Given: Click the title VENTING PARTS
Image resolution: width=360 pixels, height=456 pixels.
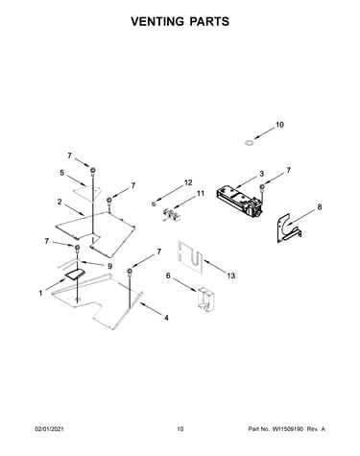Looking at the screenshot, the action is click(180, 21).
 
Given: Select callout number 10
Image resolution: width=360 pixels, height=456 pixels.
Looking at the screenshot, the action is click(279, 125).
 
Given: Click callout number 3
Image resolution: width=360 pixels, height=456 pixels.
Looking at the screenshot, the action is click(261, 174).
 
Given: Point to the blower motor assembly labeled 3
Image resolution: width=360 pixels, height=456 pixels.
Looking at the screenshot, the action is click(239, 202).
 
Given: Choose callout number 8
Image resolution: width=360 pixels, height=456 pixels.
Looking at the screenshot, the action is click(320, 207).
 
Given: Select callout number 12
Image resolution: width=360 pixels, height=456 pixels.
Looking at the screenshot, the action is click(188, 182).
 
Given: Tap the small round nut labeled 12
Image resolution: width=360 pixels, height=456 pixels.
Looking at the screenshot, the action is click(154, 204).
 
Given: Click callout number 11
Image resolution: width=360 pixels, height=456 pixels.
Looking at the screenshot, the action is click(201, 193).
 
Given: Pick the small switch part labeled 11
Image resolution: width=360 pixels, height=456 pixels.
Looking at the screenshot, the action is click(170, 215).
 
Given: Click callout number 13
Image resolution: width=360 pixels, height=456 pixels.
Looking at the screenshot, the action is click(231, 276).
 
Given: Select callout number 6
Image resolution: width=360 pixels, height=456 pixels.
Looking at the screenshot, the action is click(168, 276).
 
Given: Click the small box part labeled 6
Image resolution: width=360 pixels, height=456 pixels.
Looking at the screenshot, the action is click(205, 298).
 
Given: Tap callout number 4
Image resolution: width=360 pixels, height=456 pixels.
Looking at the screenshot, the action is click(166, 318).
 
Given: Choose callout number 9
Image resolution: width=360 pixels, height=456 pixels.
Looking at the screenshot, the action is click(109, 266).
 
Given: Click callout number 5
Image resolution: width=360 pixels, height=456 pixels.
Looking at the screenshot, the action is click(61, 173).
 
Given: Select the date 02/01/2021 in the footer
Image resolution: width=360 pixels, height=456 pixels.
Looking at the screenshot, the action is click(49, 428).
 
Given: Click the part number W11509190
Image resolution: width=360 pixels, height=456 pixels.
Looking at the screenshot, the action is click(287, 428).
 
